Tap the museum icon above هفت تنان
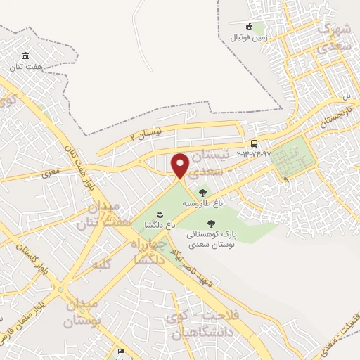pyautogui.click(x=26, y=56)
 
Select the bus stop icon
pyautogui.click(x=254, y=143)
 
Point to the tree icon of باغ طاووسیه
pyautogui.click(x=202, y=191)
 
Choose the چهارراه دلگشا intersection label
pyautogui.click(x=148, y=252)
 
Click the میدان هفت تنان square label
pyautogui.click(x=107, y=215)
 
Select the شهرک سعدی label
pyautogui.click(x=333, y=39)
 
